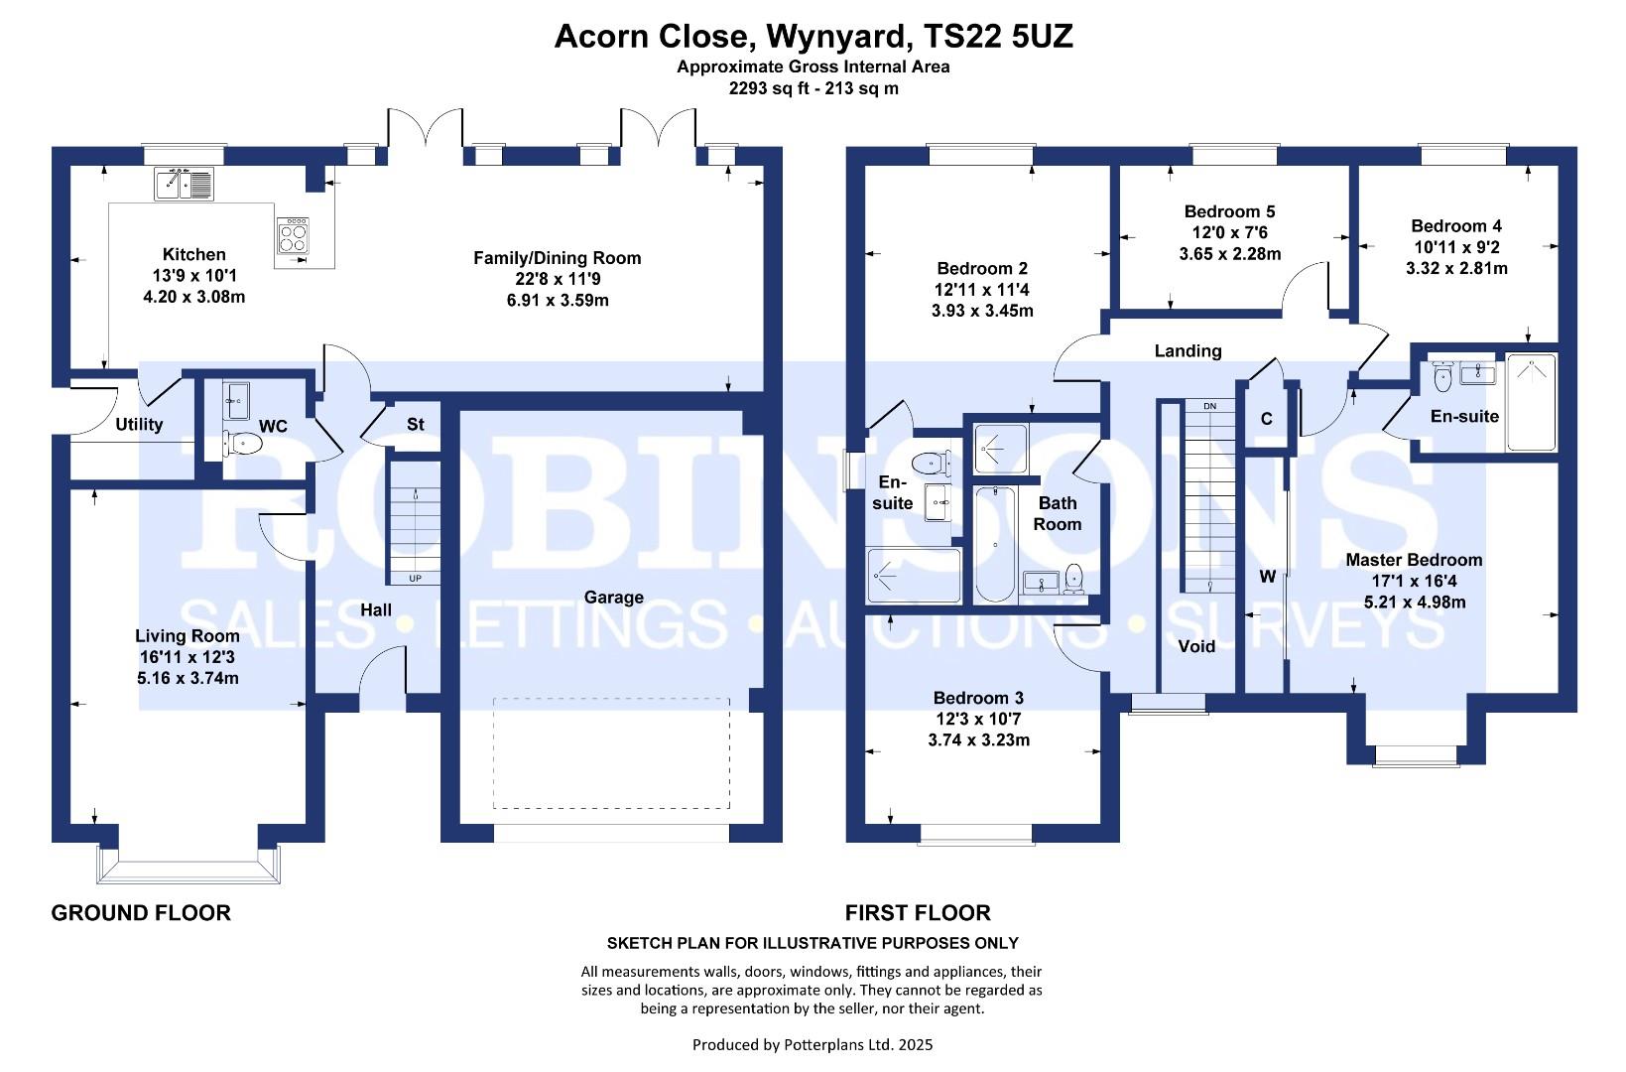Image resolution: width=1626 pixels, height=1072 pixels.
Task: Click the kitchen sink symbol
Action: click(184, 184)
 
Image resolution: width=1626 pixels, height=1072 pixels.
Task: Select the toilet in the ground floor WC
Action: click(242, 443)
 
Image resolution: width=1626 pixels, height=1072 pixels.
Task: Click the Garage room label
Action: click(613, 597)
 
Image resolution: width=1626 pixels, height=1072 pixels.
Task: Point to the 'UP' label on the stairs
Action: click(416, 579)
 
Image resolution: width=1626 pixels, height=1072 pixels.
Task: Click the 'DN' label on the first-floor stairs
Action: click(1209, 406)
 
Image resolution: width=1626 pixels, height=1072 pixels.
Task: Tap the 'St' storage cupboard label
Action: click(416, 424)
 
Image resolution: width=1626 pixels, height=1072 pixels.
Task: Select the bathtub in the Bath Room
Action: click(994, 544)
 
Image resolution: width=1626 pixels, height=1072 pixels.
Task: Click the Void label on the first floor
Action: click(1196, 646)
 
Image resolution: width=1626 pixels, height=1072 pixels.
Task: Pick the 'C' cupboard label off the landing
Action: click(1267, 419)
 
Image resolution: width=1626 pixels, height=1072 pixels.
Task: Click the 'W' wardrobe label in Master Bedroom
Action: click(1268, 577)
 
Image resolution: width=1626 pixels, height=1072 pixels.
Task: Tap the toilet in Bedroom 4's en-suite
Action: click(1442, 377)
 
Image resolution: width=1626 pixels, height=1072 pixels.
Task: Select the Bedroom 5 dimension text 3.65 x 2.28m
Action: click(1229, 254)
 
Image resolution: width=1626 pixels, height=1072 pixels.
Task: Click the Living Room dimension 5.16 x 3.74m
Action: click(188, 678)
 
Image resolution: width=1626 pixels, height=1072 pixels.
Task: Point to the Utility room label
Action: click(139, 424)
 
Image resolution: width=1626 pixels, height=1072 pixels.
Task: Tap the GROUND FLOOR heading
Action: click(141, 913)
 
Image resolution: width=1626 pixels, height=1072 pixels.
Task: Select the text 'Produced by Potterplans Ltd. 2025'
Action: click(813, 1045)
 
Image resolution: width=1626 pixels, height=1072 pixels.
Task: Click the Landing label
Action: click(1188, 351)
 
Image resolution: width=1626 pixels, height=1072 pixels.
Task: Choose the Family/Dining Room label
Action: click(557, 258)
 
